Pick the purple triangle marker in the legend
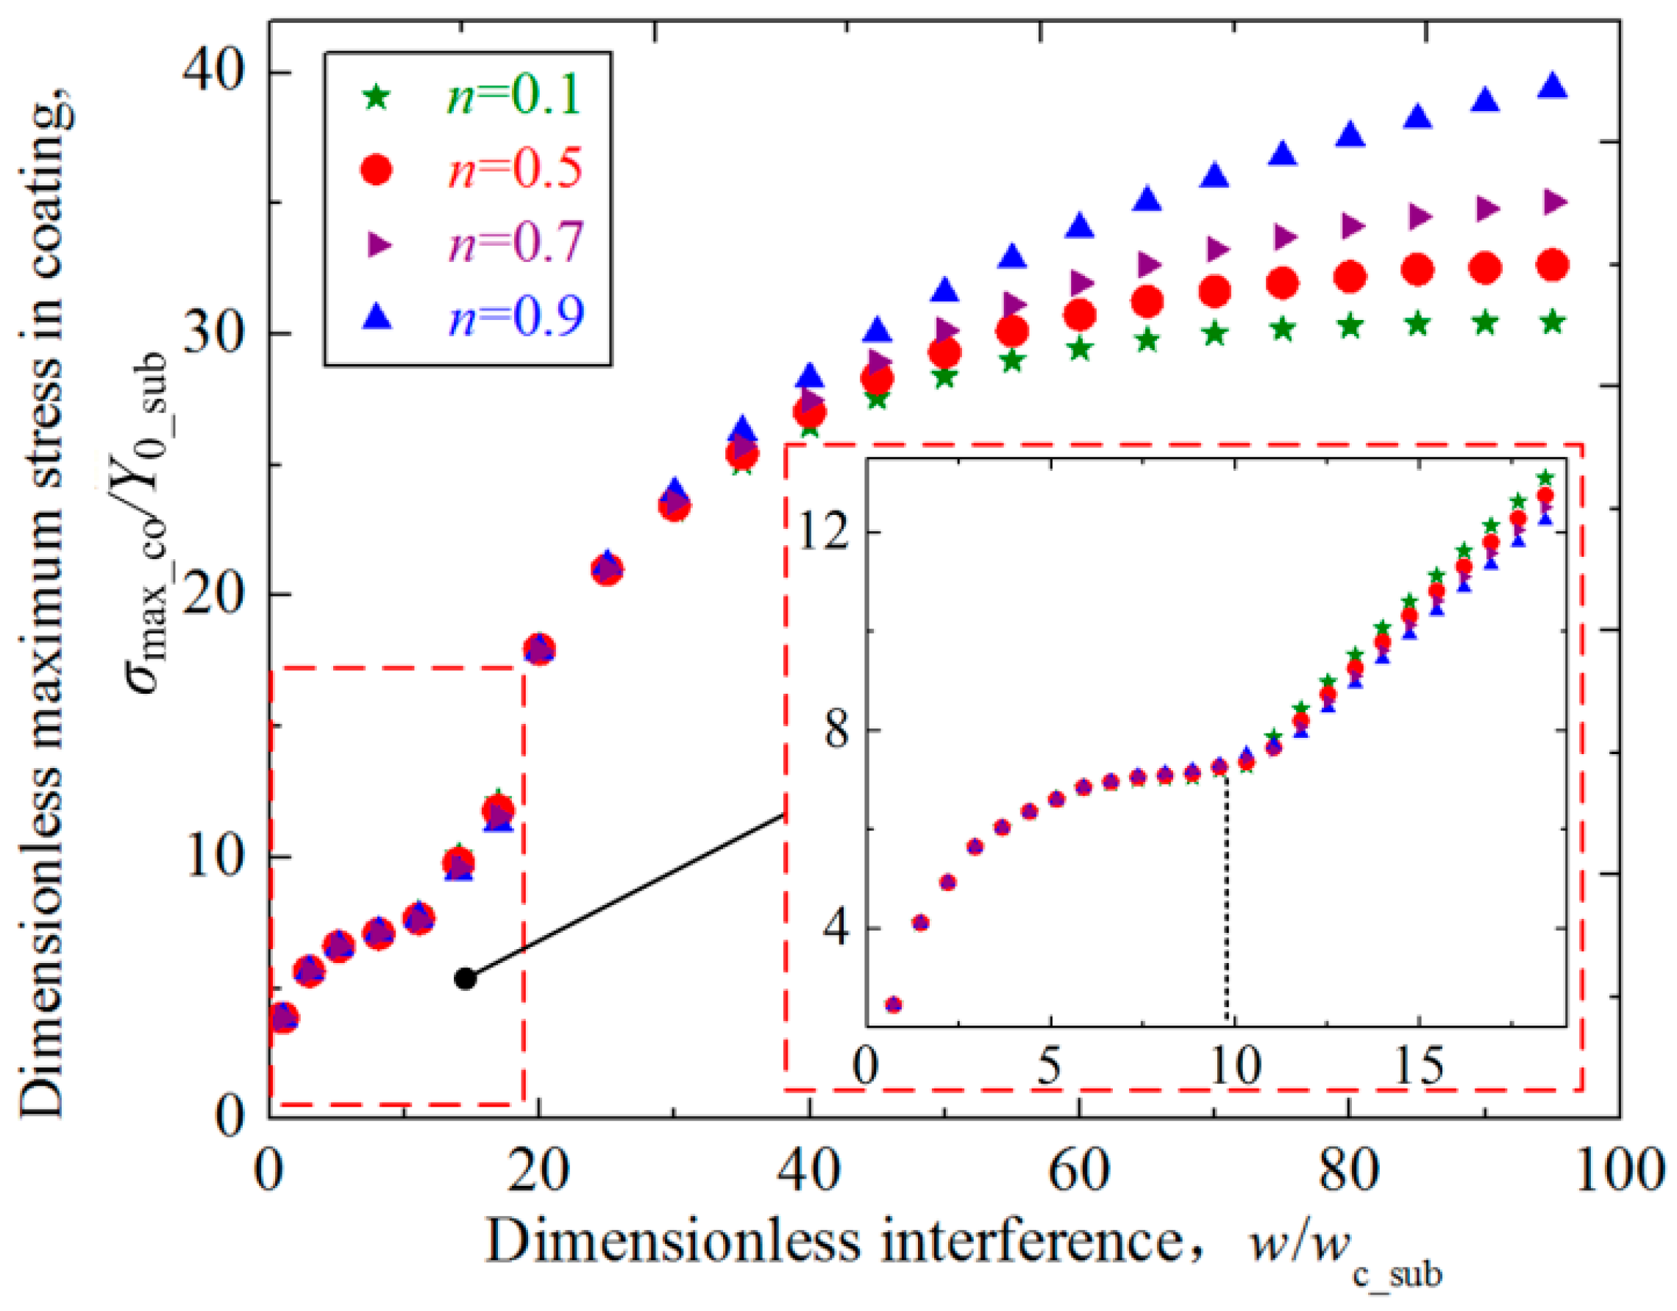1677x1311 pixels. pyautogui.click(x=379, y=244)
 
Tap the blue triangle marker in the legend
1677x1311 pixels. pyautogui.click(x=379, y=316)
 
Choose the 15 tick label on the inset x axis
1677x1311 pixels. pyautogui.click(x=1418, y=1067)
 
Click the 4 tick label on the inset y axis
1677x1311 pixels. pyautogui.click(x=837, y=928)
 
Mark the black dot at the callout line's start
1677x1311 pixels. pyautogui.click(x=466, y=978)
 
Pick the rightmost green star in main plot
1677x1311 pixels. pyautogui.click(x=1553, y=321)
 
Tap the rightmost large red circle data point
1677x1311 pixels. pyautogui.click(x=1553, y=266)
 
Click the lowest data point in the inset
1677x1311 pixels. pyautogui.click(x=893, y=1004)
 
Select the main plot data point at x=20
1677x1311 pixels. pyautogui.click(x=539, y=650)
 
